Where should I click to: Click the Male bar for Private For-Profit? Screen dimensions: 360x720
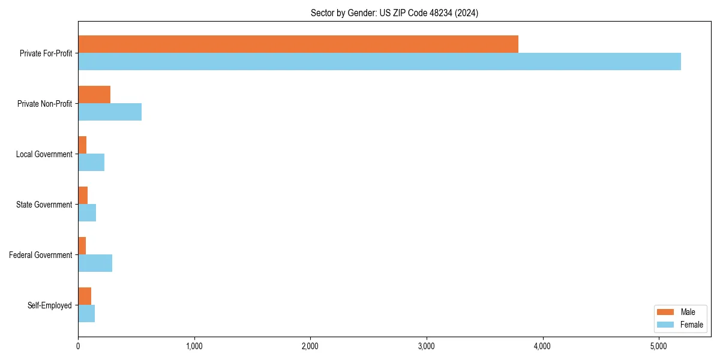click(x=298, y=44)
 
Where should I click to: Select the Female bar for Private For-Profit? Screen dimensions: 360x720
click(x=379, y=62)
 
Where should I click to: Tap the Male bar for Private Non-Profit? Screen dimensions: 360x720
click(x=94, y=95)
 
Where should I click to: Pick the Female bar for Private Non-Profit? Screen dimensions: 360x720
click(x=110, y=112)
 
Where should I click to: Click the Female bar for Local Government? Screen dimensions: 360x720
click(x=91, y=163)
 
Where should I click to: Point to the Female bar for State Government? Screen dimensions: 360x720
click(x=87, y=213)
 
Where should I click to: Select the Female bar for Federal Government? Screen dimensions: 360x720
click(x=95, y=263)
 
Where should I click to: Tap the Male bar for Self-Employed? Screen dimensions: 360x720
click(x=85, y=296)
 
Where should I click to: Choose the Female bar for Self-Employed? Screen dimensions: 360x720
click(x=86, y=314)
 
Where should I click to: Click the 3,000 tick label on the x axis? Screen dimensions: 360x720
click(x=426, y=346)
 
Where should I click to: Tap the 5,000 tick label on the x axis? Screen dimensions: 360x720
click(x=658, y=346)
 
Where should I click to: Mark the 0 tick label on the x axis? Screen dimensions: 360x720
click(x=78, y=346)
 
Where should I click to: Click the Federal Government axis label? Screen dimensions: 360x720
click(x=41, y=255)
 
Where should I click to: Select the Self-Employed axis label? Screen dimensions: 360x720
click(x=50, y=305)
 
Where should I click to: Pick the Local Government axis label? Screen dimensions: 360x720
click(x=44, y=154)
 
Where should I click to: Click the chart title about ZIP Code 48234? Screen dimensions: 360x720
click(x=394, y=13)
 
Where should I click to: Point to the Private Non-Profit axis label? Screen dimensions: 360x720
click(x=44, y=104)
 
